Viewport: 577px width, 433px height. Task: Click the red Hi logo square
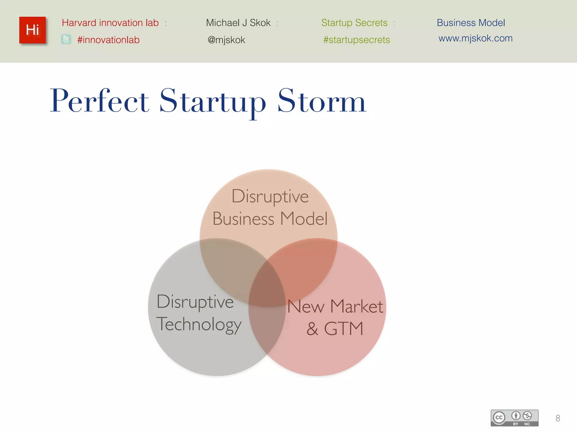click(32, 30)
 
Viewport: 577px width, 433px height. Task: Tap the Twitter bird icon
click(66, 39)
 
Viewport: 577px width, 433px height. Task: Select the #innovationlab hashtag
click(108, 40)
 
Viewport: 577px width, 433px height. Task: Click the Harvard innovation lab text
click(110, 23)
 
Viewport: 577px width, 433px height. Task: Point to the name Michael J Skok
click(238, 23)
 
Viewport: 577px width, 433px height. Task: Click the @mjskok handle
click(226, 40)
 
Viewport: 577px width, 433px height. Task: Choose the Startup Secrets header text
click(354, 23)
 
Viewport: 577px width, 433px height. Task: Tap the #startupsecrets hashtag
click(356, 40)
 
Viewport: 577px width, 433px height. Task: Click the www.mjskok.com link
click(475, 38)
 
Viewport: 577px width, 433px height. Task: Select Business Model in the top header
click(471, 23)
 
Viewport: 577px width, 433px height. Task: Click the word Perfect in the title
click(99, 101)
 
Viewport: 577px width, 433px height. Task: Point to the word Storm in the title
click(321, 101)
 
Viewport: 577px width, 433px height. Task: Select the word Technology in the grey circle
click(199, 324)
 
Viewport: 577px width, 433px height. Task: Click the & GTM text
click(335, 328)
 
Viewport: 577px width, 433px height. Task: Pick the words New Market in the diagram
click(335, 306)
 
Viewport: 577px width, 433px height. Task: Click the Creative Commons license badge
click(514, 418)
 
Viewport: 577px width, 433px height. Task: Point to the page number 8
click(558, 418)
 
